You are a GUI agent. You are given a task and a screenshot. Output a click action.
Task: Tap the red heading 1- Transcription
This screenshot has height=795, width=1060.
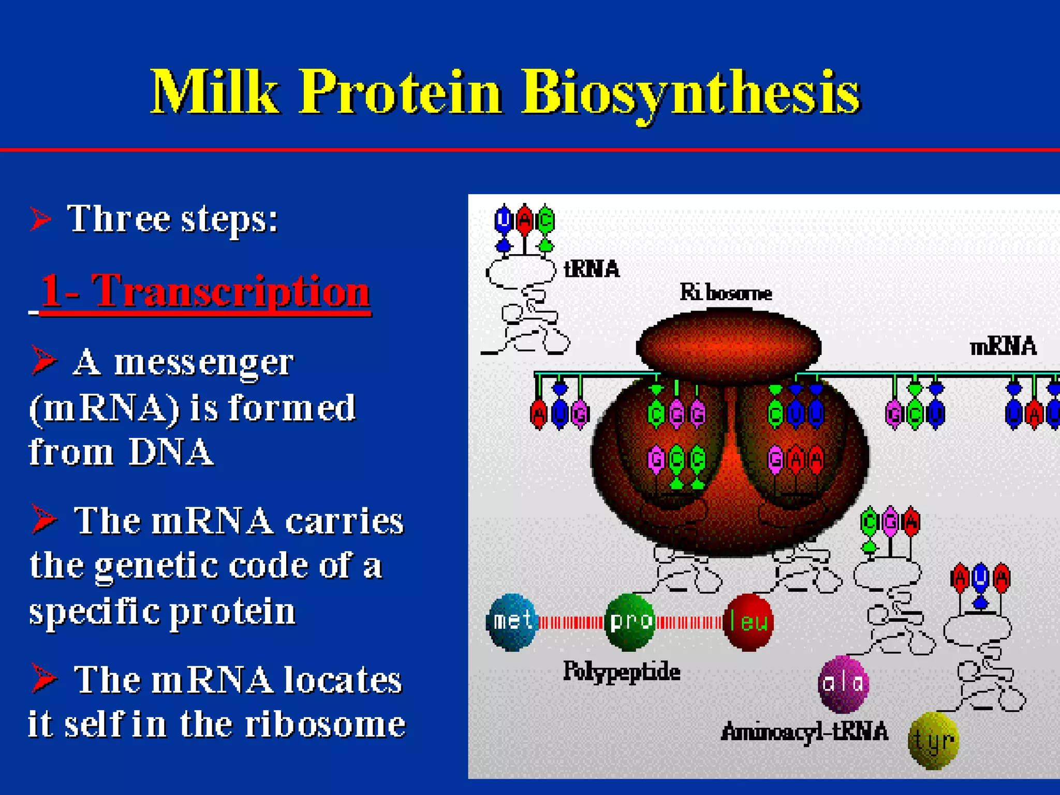(x=204, y=291)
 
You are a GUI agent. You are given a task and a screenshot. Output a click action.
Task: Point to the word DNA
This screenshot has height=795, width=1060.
(x=171, y=452)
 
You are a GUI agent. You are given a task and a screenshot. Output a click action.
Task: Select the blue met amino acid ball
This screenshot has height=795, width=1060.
(x=512, y=622)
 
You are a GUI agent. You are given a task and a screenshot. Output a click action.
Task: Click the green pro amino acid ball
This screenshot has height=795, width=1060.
(x=629, y=622)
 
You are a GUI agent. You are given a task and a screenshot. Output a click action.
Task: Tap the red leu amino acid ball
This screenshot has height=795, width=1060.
(x=748, y=622)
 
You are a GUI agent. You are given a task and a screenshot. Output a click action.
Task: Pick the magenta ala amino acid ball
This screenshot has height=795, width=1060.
(x=843, y=684)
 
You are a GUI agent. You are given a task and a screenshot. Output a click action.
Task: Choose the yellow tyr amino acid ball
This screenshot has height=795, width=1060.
(x=934, y=741)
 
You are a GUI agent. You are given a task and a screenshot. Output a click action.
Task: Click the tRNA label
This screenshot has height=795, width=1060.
(x=592, y=269)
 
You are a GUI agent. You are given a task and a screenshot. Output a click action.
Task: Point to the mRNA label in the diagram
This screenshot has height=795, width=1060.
(x=1003, y=346)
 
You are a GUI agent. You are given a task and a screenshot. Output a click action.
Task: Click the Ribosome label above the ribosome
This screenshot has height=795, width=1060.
(x=726, y=293)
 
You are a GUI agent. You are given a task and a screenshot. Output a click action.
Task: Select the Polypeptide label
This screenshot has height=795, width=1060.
(x=622, y=672)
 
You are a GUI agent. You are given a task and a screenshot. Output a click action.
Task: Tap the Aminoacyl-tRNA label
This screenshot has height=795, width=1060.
(x=804, y=732)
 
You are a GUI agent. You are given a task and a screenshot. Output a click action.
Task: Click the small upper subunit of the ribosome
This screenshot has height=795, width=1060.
(x=728, y=346)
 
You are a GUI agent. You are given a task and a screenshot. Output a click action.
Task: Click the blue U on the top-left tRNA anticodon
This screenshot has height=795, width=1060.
(x=503, y=221)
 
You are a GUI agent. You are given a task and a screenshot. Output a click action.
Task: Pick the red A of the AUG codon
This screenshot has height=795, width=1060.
(x=538, y=414)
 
